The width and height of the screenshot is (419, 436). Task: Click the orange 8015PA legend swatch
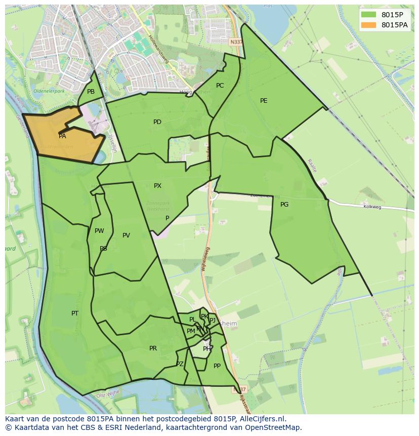369,25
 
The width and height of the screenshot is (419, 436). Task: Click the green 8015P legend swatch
369,15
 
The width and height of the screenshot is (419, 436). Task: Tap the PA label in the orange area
62,136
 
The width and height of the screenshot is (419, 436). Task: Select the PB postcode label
91,92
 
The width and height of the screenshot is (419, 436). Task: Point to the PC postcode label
220,86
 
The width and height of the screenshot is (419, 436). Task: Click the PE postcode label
264,101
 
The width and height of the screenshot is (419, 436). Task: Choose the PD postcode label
157,122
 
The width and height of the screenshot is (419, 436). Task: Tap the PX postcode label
157,186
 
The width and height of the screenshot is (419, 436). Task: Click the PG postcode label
284,205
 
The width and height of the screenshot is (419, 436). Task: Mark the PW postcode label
99,231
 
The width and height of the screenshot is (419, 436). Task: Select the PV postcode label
126,235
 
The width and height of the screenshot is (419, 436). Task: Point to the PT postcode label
75,313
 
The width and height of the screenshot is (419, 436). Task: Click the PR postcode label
153,348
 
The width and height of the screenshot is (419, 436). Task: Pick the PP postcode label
217,366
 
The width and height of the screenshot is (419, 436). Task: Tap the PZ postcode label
180,364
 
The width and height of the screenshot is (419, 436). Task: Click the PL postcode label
192,320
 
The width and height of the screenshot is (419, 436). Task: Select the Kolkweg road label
371,207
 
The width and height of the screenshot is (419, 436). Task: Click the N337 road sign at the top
235,42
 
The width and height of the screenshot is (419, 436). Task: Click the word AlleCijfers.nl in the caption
262,419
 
